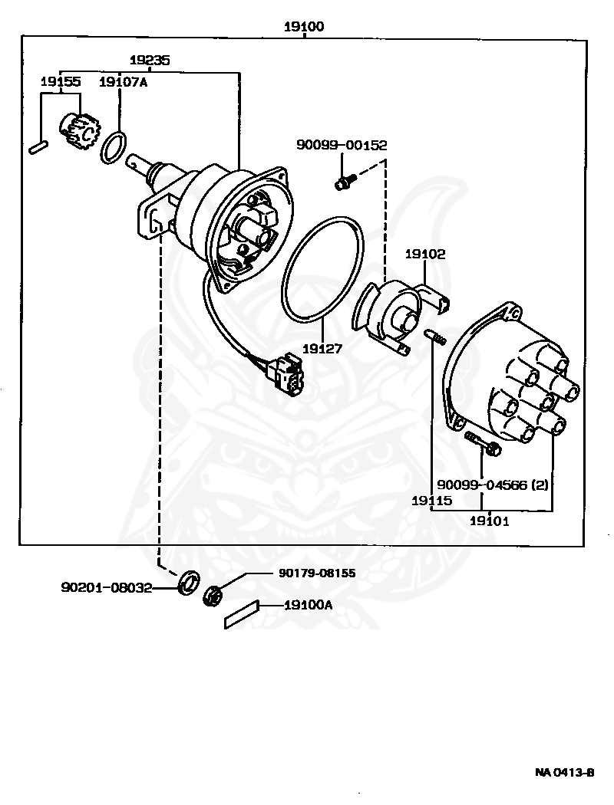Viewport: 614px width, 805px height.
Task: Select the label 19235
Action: click(x=150, y=60)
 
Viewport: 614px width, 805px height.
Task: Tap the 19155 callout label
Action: click(x=61, y=81)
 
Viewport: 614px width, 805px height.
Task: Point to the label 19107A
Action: click(x=123, y=81)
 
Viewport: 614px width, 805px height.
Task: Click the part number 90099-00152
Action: click(x=342, y=145)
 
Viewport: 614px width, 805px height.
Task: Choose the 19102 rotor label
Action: click(x=425, y=254)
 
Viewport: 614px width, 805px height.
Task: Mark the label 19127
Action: click(x=322, y=349)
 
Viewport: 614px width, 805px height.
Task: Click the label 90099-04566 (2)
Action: click(x=493, y=484)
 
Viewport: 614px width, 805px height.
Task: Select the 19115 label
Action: click(x=431, y=501)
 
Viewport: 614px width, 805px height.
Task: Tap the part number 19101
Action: click(x=490, y=521)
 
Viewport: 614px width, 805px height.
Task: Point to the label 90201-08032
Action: click(x=107, y=587)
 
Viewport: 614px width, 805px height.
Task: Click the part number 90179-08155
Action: click(x=317, y=573)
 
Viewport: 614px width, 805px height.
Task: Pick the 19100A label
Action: click(x=309, y=606)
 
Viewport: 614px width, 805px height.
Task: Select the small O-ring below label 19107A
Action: click(x=113, y=147)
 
